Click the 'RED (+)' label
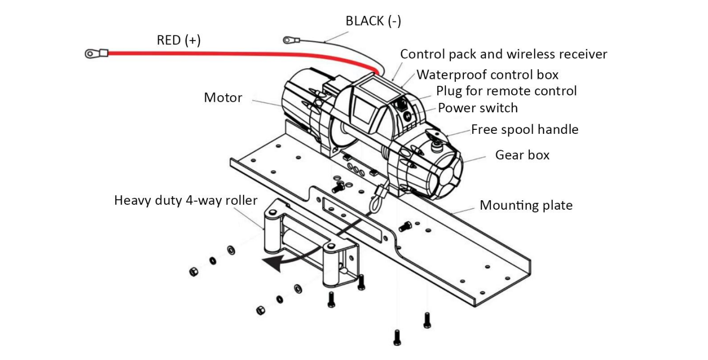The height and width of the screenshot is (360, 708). coord(179,40)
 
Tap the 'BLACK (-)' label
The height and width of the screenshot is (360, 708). coord(373,21)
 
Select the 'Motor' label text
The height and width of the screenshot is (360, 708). coord(223,97)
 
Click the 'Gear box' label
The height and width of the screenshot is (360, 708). coord(522,155)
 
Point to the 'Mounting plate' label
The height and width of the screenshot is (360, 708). coord(526,205)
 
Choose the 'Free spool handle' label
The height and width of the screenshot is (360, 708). coord(524,130)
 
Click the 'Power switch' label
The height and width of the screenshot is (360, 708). coord(477,108)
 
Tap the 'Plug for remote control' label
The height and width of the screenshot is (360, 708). coord(506,91)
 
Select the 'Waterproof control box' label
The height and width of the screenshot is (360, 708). coord(487,75)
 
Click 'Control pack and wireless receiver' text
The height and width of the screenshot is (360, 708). coord(503,54)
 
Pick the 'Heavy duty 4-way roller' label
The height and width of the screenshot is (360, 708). coord(186,201)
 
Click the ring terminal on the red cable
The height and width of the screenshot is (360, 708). coord(91,53)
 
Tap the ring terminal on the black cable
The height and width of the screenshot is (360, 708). coord(288,40)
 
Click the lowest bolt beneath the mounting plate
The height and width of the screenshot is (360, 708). coord(397,338)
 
